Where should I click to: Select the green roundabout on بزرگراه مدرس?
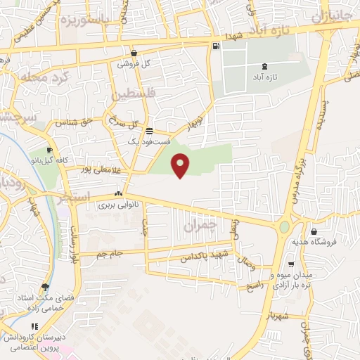(284, 227)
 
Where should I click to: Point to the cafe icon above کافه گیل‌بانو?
(50, 150)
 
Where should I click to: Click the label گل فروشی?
(137, 63)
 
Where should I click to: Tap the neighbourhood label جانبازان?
(335, 16)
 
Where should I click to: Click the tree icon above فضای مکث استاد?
(46, 288)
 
